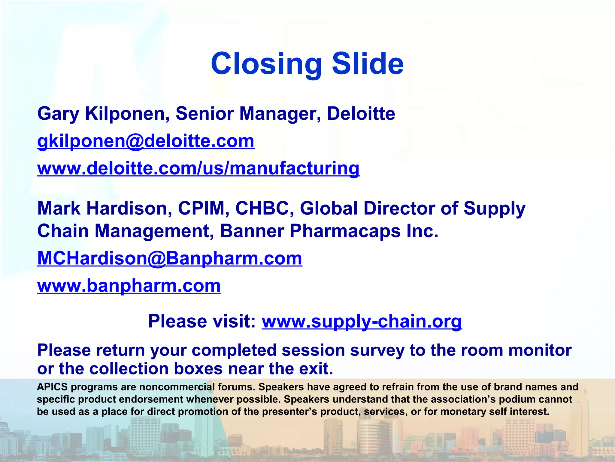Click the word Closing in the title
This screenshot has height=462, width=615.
(266, 64)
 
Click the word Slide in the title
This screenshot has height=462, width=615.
(368, 63)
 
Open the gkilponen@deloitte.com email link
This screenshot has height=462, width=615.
(146, 141)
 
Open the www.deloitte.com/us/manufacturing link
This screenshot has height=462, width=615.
(198, 168)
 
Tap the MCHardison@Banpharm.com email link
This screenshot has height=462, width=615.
(170, 258)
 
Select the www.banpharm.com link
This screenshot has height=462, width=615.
(129, 285)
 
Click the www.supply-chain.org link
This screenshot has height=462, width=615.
(362, 321)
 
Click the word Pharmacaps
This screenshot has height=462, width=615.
(345, 231)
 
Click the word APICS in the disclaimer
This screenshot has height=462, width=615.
(52, 387)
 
